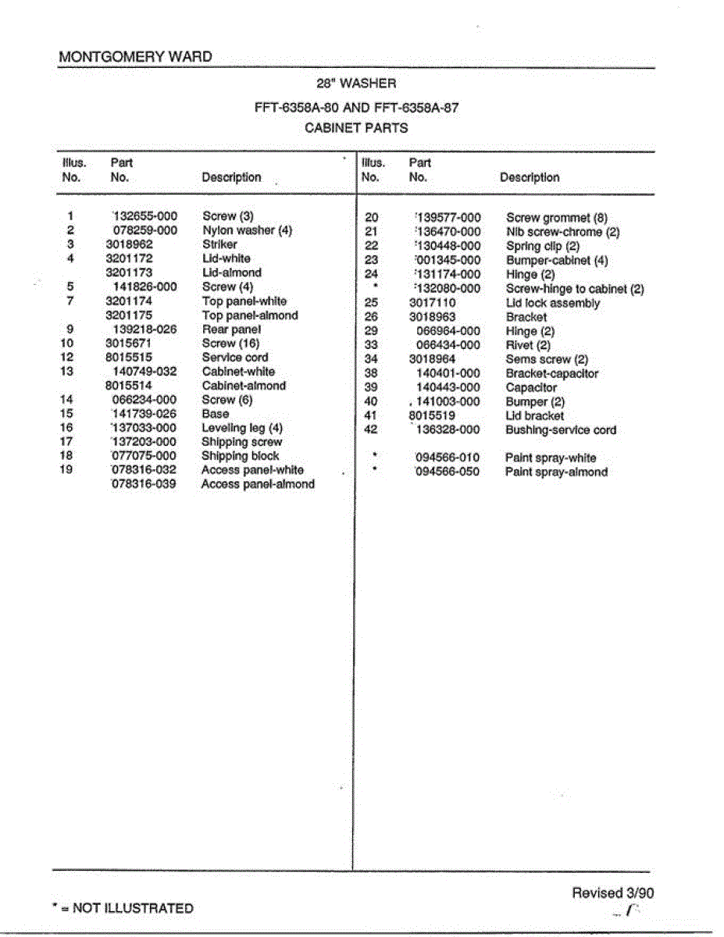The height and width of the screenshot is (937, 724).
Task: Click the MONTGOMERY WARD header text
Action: click(x=135, y=57)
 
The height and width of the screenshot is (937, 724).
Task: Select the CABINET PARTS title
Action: click(x=356, y=128)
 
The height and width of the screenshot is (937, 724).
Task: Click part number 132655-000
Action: click(x=145, y=216)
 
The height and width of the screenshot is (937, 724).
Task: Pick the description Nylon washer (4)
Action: click(x=247, y=230)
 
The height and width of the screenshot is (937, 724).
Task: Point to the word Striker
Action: click(x=219, y=244)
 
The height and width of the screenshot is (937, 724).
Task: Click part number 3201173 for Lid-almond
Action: click(x=129, y=273)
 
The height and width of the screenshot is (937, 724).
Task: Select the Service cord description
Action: click(x=235, y=358)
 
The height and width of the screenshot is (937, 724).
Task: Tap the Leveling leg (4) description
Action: click(x=242, y=428)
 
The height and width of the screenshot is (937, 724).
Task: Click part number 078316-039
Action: click(x=144, y=484)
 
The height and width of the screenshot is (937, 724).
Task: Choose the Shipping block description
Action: click(x=240, y=456)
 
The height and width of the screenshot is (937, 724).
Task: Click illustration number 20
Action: click(x=372, y=218)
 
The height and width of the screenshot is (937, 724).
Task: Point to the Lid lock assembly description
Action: click(x=553, y=303)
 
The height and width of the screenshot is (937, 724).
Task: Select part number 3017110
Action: click(x=433, y=303)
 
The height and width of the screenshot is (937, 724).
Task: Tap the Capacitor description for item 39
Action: click(x=531, y=387)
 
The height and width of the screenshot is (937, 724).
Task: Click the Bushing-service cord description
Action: click(x=561, y=430)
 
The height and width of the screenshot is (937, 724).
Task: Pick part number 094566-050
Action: click(x=448, y=472)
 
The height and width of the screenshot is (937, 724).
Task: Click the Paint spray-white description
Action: click(x=551, y=458)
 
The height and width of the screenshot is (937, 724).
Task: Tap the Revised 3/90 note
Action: click(x=612, y=893)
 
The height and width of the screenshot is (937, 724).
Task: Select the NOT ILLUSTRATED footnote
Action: click(x=123, y=908)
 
